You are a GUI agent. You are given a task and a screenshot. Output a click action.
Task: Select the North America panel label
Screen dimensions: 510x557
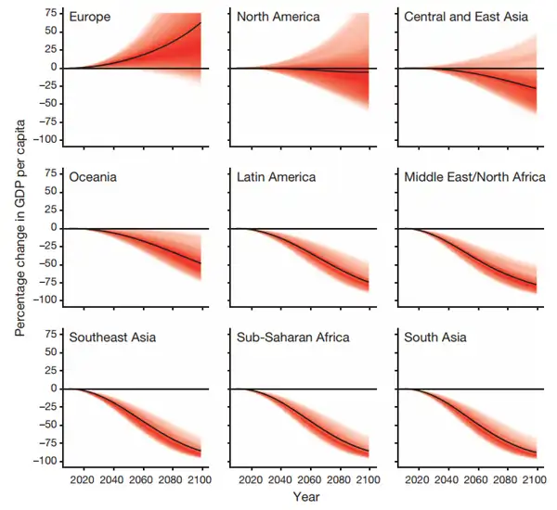pyautogui.click(x=279, y=16)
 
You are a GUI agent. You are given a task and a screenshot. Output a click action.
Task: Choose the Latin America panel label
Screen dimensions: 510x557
pyautogui.click(x=276, y=176)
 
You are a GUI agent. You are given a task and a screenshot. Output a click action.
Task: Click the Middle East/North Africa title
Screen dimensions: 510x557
pyautogui.click(x=473, y=176)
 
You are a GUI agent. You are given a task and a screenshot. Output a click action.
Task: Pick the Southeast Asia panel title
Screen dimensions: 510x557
pyautogui.click(x=110, y=337)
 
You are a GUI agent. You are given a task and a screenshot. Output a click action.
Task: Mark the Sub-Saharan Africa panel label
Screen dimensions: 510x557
pyautogui.click(x=293, y=337)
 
